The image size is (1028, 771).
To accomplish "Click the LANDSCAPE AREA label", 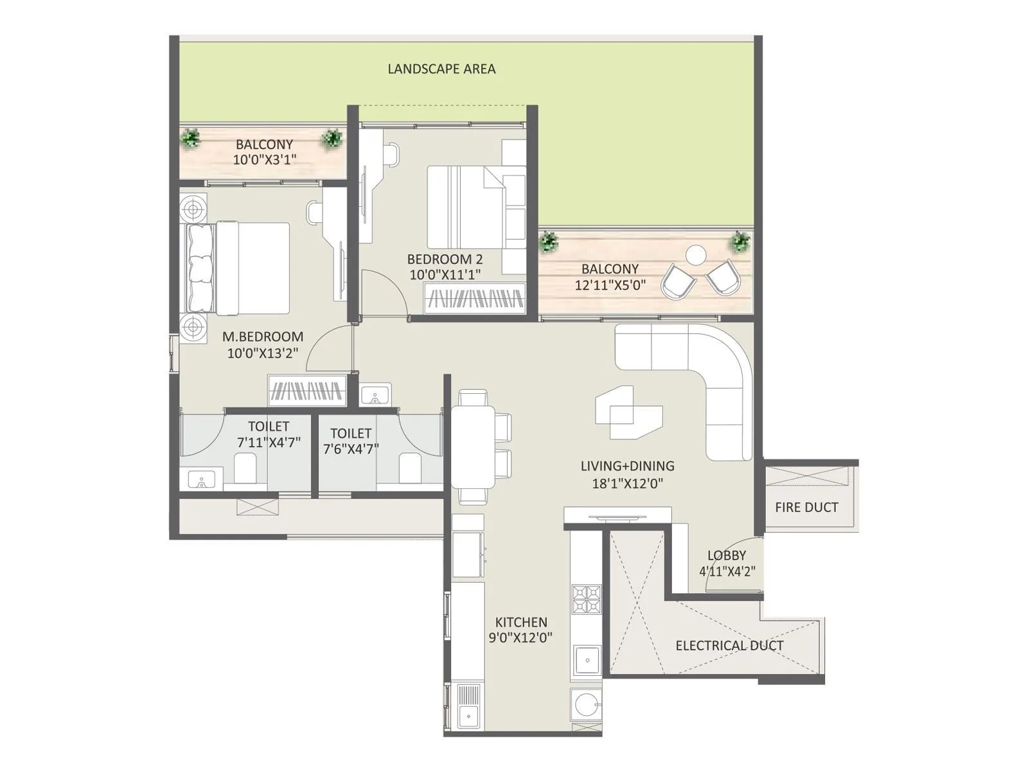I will (x=441, y=69).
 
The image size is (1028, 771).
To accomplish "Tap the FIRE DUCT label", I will (x=806, y=508).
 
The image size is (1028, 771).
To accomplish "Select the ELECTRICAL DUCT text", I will (x=729, y=646).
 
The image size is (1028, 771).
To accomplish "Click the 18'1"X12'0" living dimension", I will (x=627, y=483).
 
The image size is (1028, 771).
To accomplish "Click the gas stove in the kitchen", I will (x=586, y=599).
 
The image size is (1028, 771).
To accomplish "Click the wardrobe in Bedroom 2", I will (x=475, y=298).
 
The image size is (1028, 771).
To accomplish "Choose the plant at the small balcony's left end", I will (x=190, y=137).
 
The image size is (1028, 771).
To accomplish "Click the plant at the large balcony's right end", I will (x=740, y=242).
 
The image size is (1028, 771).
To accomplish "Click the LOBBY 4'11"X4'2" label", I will (x=727, y=563).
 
